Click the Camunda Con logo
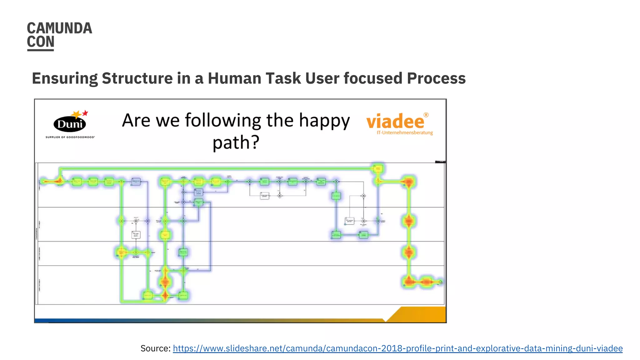(59, 36)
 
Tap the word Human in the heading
(234, 78)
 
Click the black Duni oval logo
(69, 124)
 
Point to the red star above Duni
(85, 113)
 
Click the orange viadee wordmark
(395, 122)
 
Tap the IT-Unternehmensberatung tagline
(404, 133)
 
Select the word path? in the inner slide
(236, 143)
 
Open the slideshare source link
(397, 348)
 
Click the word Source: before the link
(155, 348)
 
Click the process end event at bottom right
(441, 282)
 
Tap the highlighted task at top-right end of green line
(378, 169)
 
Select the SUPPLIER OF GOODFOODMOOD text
(70, 137)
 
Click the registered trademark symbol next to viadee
(426, 115)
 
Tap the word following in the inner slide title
(223, 121)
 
